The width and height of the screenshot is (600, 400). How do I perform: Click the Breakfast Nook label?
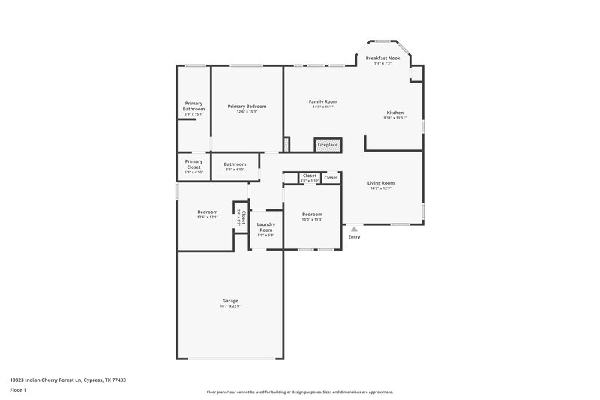click(x=382, y=58)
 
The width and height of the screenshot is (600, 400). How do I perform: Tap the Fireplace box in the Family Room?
click(x=328, y=144)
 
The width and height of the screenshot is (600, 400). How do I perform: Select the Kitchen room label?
click(x=394, y=113)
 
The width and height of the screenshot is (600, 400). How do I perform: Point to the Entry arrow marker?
click(x=354, y=229)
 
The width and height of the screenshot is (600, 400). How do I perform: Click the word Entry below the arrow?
click(x=354, y=237)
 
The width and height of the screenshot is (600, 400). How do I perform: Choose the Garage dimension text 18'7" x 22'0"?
click(x=230, y=306)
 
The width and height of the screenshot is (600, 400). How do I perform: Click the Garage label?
click(x=230, y=301)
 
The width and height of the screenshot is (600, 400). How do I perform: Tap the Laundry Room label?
click(x=266, y=227)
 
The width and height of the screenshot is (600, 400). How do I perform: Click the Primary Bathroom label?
click(x=193, y=106)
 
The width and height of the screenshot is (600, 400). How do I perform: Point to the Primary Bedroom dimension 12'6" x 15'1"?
click(x=247, y=112)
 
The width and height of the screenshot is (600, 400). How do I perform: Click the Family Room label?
click(x=323, y=101)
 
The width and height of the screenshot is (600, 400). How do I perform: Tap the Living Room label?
click(x=381, y=183)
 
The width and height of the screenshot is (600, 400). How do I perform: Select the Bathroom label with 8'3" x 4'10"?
click(x=235, y=164)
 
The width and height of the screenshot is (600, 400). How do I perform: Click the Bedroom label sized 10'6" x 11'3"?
click(x=312, y=214)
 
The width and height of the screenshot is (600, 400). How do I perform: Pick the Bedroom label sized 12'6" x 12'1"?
click(x=207, y=212)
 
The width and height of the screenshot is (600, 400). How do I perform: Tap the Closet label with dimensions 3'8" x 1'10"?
click(x=310, y=176)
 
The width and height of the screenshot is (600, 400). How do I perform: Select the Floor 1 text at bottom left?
click(x=19, y=391)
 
